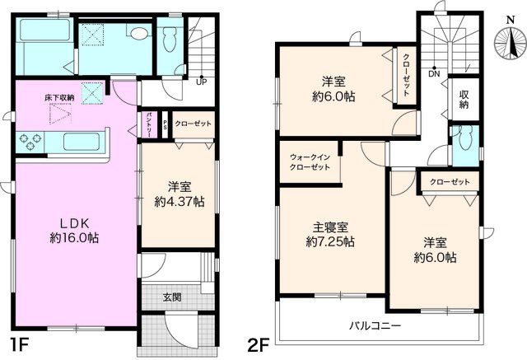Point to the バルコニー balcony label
point(375,326)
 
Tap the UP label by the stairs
point(200,80)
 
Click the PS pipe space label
point(165,124)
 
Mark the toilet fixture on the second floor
point(465,139)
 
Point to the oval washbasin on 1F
point(138,34)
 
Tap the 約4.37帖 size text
point(180,201)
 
